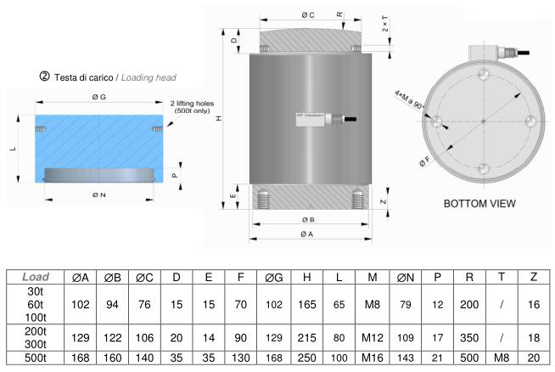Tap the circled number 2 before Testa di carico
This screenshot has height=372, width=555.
tap(45, 77)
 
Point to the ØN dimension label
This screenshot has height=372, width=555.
tap(100, 195)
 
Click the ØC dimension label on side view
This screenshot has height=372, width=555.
tap(307, 15)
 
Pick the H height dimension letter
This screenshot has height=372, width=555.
tap(219, 119)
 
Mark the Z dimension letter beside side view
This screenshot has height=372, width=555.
tap(384, 202)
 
